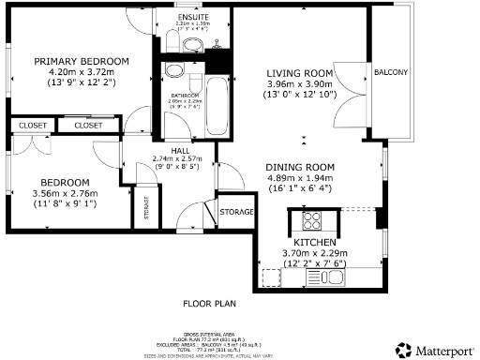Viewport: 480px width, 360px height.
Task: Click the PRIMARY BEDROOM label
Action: pos(81,62)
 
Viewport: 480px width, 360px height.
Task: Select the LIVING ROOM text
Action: pos(299,73)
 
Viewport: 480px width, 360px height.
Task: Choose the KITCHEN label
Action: pos(314,242)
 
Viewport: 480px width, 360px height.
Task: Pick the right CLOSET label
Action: pos(88,125)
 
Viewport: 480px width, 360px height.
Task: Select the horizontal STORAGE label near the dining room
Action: pos(235,213)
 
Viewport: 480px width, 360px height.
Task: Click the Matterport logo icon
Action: pos(402,349)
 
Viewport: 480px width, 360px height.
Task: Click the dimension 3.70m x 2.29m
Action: pos(314,252)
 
